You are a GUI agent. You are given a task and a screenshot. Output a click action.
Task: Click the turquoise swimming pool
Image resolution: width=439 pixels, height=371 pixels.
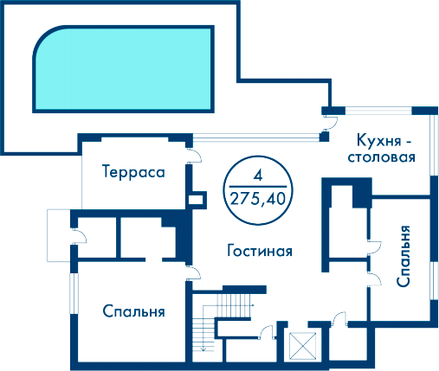124,69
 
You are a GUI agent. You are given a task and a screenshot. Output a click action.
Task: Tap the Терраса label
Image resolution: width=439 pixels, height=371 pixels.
133,172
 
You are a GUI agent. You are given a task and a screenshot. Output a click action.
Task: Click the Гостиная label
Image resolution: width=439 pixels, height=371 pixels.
260,251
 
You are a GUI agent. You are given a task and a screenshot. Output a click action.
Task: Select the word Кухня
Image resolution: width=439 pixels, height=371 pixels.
379,140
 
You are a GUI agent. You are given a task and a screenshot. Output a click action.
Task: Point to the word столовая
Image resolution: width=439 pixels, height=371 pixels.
382,157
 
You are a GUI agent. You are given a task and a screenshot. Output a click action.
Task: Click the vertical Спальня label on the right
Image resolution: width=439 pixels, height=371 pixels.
403,256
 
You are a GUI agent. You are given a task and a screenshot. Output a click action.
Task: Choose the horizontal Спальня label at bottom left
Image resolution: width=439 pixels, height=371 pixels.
133,311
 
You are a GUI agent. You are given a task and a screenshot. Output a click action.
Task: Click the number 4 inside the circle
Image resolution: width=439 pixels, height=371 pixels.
258,175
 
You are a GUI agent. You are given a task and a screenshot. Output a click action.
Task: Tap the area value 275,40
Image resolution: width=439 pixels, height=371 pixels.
258,199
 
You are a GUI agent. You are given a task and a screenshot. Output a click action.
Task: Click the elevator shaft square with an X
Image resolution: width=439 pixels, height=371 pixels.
302,346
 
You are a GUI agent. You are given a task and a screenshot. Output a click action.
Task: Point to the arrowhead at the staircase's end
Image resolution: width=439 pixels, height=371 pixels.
203,349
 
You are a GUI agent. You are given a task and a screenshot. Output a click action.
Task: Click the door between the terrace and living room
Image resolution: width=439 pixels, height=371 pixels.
194,156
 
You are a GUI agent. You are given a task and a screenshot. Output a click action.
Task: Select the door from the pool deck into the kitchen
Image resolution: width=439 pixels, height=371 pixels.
330,123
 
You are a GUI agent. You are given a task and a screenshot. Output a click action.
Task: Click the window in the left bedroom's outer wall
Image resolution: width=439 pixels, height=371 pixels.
74,293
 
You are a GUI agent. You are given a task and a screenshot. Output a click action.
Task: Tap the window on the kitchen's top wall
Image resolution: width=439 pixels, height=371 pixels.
378,111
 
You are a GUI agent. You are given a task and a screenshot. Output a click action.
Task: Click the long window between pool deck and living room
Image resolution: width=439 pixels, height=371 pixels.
256,138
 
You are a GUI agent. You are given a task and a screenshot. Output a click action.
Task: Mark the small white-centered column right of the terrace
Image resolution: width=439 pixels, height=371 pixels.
197,200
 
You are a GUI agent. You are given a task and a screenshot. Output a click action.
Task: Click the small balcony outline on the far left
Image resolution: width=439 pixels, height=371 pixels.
59,235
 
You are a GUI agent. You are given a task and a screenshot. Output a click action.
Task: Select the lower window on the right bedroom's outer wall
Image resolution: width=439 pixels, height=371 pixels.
435,281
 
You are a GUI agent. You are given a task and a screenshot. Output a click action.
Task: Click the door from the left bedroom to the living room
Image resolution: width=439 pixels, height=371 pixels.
194,272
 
